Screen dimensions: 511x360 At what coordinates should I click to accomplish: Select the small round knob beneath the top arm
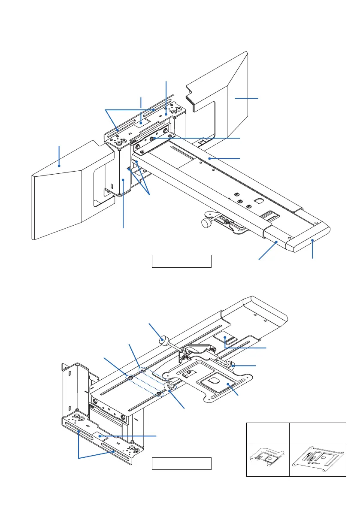click(x=205, y=223)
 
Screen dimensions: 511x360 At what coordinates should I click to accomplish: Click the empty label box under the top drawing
click(x=182, y=261)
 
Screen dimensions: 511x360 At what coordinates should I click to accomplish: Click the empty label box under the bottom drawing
click(x=182, y=464)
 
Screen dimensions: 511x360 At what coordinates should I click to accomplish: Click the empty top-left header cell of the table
click(x=268, y=432)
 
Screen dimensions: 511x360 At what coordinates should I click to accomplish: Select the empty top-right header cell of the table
click(x=318, y=432)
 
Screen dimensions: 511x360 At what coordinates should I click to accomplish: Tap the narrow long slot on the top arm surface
click(x=180, y=152)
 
